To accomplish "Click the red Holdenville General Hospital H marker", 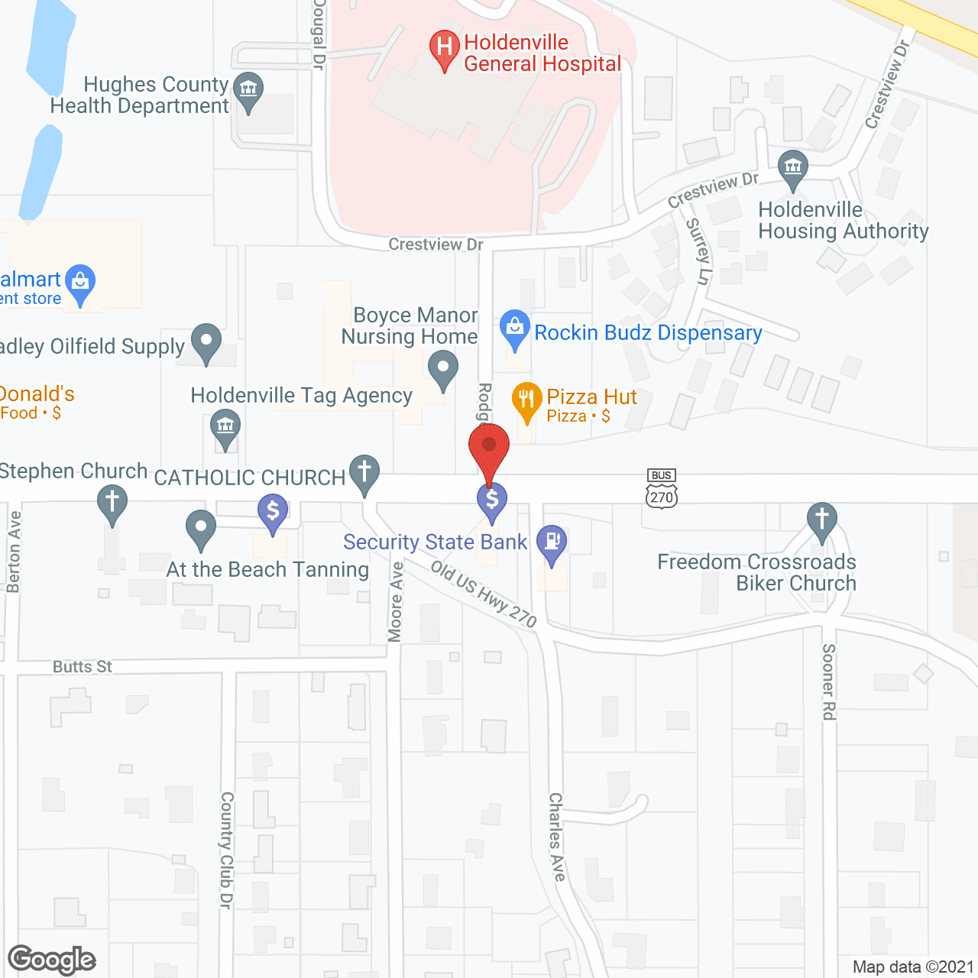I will [x=444, y=48].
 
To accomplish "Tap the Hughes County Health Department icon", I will [x=248, y=89].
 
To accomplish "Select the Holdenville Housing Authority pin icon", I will [x=792, y=167].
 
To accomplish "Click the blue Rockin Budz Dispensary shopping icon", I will [x=515, y=328].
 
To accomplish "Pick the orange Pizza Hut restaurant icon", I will [x=526, y=399].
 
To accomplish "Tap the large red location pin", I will [x=489, y=446].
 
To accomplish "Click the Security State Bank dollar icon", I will [x=492, y=500].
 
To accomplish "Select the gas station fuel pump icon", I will [x=552, y=542].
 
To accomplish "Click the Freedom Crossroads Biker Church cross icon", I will [x=822, y=520].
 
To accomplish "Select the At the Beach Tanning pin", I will [x=201, y=526].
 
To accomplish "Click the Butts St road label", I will [x=83, y=667].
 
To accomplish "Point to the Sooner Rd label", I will [x=829, y=682].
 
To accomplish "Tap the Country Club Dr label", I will [x=226, y=850].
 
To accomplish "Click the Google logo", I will [x=52, y=960].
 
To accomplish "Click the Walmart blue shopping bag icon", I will [x=80, y=282].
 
